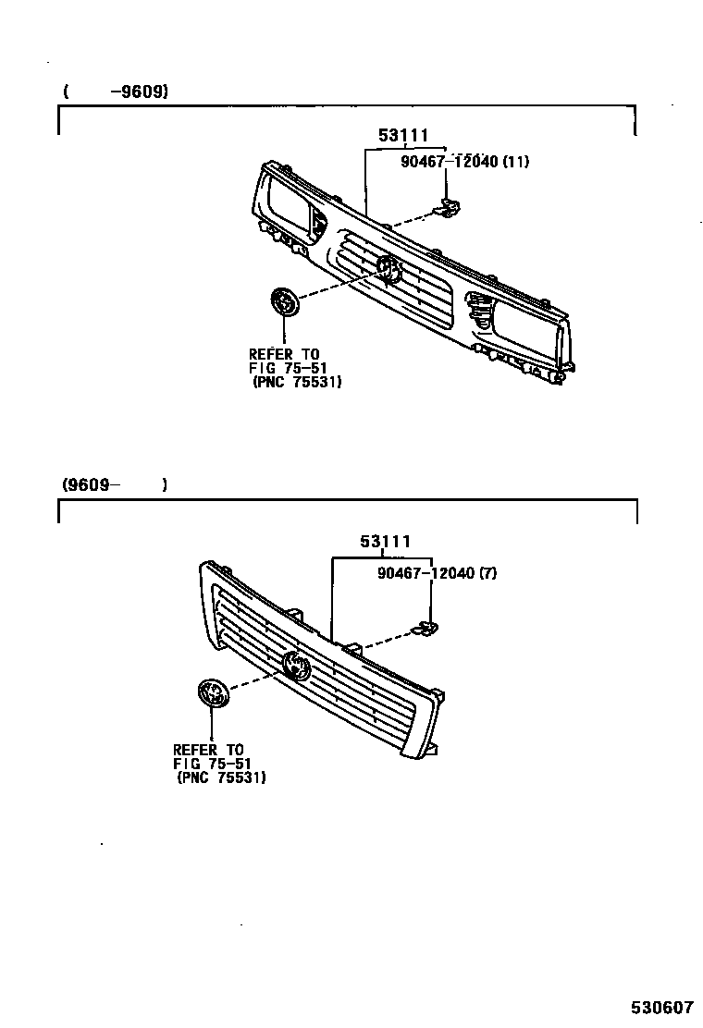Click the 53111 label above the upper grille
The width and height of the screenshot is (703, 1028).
click(x=403, y=136)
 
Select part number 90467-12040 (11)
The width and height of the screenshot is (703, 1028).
click(x=464, y=162)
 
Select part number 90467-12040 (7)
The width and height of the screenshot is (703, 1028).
click(x=437, y=573)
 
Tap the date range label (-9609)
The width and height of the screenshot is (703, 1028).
click(x=116, y=92)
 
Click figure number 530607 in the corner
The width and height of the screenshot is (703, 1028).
click(x=662, y=1007)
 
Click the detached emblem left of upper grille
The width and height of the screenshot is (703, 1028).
click(x=284, y=302)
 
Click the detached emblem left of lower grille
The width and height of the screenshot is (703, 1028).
click(x=212, y=695)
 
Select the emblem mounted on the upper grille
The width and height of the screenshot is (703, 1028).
click(x=388, y=268)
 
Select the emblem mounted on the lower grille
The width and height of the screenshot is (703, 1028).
click(x=298, y=664)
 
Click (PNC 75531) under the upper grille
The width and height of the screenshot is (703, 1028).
click(x=296, y=382)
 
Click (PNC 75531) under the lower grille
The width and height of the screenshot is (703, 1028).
click(x=221, y=778)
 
